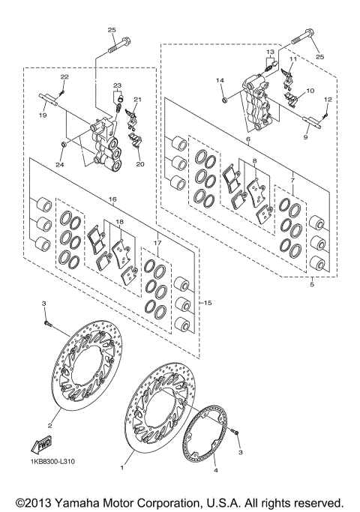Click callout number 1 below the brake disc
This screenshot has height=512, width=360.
(x=121, y=466)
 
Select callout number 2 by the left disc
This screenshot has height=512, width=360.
(x=50, y=425)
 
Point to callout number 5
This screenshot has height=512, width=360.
(x=312, y=284)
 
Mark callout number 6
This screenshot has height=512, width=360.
(x=247, y=139)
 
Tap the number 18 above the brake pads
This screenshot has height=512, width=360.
(x=118, y=223)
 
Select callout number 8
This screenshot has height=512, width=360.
(x=254, y=160)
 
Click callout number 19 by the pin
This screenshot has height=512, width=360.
(x=43, y=115)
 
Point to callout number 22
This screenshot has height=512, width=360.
(x=64, y=77)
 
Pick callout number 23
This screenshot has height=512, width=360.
(x=118, y=86)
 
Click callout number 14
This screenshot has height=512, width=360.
(x=220, y=80)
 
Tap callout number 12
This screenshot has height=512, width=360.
(x=327, y=100)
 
